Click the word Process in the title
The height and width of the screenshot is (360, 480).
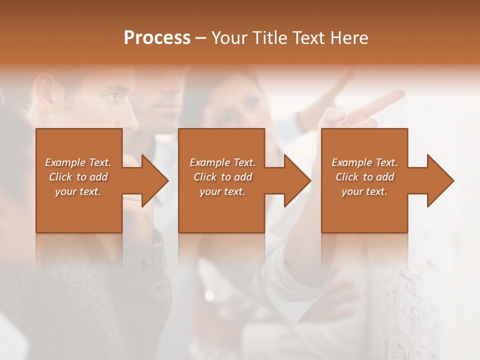157,38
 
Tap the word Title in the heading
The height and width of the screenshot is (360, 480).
269,38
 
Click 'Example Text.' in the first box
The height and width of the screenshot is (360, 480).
78,162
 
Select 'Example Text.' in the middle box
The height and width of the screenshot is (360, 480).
222,162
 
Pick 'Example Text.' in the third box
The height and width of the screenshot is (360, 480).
364,162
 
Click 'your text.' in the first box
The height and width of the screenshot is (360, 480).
78,191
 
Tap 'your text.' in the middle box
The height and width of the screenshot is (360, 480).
222,191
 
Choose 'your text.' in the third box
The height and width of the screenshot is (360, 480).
364,191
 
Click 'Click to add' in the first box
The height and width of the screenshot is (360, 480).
78,177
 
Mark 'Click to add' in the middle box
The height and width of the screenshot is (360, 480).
222,177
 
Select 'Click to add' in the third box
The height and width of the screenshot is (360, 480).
364,177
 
